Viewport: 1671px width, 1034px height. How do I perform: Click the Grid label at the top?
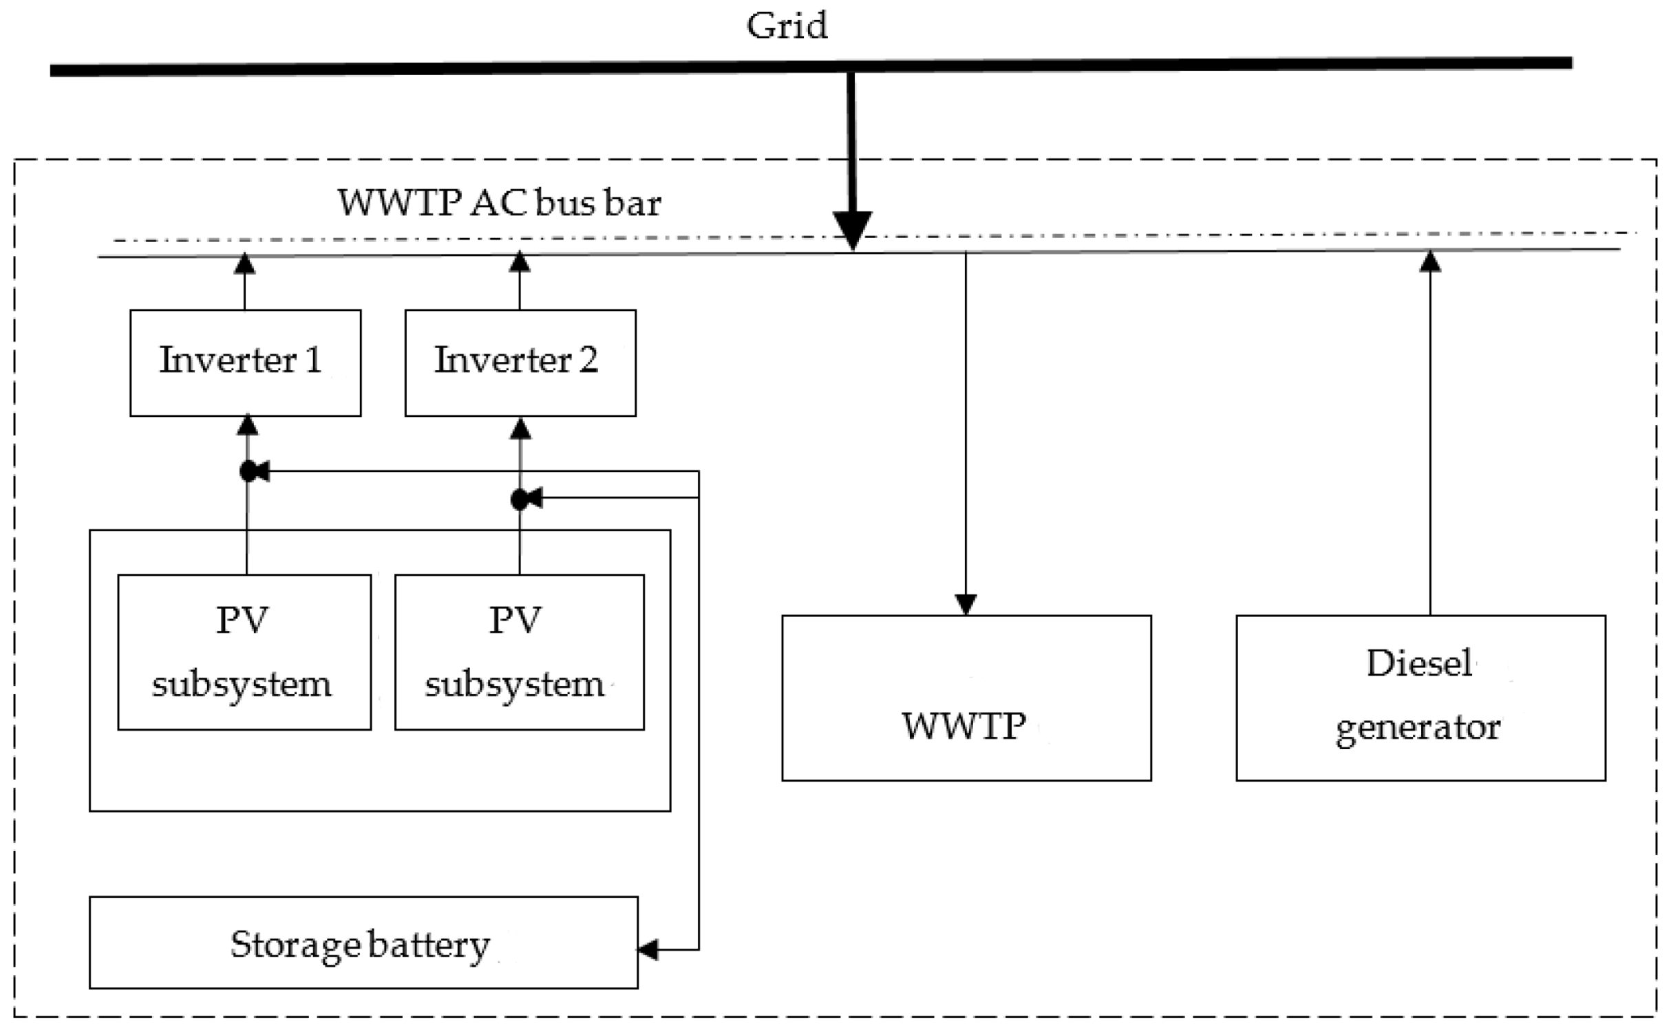point(787,26)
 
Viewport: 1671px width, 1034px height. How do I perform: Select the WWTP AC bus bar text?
point(499,203)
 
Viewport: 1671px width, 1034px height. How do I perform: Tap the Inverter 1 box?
point(245,362)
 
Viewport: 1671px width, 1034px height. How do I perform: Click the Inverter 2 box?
point(520,362)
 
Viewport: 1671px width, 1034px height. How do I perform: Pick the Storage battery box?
point(363,943)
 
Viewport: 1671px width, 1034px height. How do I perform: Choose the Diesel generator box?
point(1420,698)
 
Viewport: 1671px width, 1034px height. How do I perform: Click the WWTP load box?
point(966,698)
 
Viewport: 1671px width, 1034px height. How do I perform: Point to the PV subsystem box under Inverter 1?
point(244,651)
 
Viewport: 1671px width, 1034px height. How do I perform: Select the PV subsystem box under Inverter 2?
point(519,651)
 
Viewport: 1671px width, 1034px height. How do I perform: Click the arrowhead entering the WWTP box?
point(966,604)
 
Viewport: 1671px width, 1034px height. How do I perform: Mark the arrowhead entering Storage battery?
point(648,949)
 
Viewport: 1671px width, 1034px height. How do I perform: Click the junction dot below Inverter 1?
point(248,472)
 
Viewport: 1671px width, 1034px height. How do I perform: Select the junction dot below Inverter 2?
point(520,500)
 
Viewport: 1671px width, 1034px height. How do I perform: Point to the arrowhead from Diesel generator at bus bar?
point(1430,261)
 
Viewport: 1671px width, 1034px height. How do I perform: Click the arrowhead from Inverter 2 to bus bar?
point(520,261)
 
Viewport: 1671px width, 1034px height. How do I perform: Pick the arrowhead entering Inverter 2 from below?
point(520,428)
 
